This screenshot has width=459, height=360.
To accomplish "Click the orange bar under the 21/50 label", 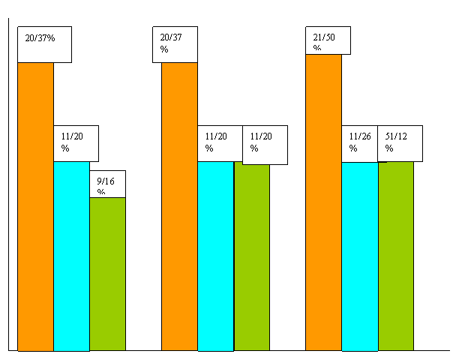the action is click(x=323, y=202).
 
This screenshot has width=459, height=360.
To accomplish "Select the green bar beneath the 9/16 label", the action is click(x=108, y=274).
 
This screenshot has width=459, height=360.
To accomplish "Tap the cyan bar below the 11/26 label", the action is click(x=360, y=256).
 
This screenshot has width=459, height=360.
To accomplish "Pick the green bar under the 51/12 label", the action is click(x=396, y=256).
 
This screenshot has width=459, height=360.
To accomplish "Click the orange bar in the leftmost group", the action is click(x=36, y=207).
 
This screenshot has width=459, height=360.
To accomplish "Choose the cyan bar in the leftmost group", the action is click(x=72, y=256).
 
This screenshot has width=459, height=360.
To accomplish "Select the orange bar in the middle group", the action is click(x=179, y=206).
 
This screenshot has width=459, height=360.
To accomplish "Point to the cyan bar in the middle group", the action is click(x=216, y=256).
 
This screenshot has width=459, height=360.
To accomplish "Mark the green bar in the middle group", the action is click(x=252, y=257).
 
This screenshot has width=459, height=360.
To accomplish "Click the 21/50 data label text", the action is click(x=324, y=37).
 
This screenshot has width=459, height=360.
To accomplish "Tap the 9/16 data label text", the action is click(x=106, y=181).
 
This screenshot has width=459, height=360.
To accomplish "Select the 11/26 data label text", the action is click(x=360, y=136).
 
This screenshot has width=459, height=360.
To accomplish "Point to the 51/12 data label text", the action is click(x=396, y=136).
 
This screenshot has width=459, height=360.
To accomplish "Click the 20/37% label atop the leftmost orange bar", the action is click(x=40, y=38).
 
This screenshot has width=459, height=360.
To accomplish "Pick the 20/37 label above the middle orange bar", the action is click(x=171, y=37).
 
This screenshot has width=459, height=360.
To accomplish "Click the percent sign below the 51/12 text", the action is click(x=389, y=148).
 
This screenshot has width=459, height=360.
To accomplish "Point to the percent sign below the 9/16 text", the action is click(x=101, y=192).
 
